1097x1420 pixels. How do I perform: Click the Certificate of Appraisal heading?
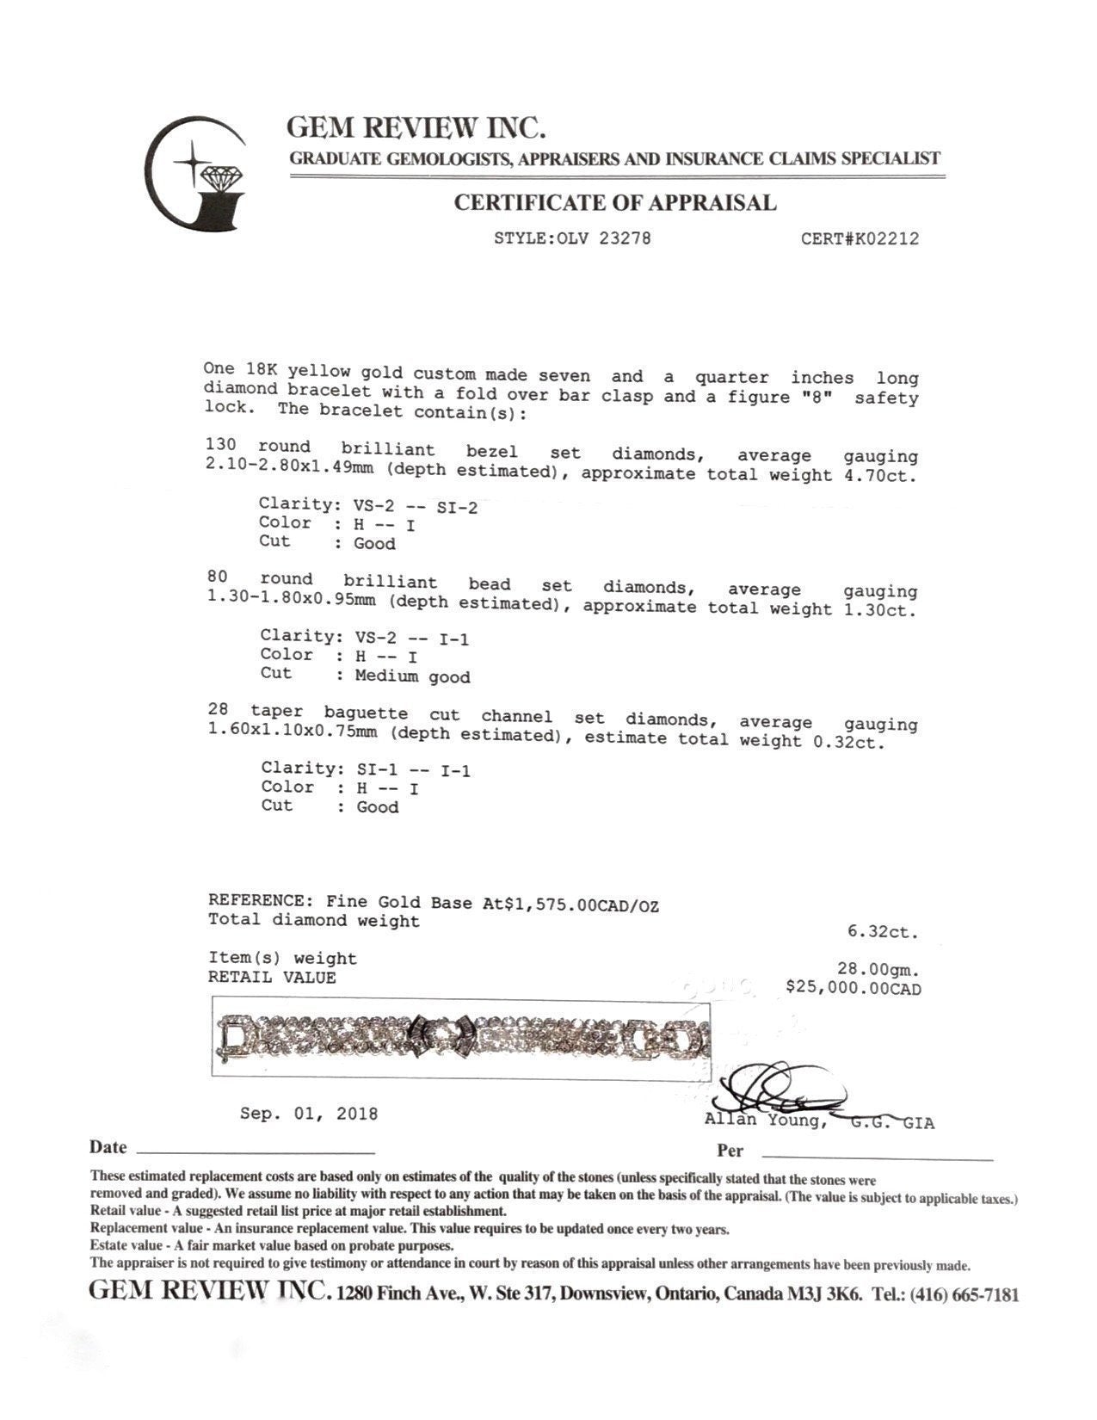coord(614,203)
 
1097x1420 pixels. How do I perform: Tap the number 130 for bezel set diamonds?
coord(221,446)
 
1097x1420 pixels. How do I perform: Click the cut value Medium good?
coord(413,676)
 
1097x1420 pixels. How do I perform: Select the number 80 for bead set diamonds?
coord(217,578)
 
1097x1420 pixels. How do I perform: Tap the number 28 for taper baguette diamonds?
coord(219,710)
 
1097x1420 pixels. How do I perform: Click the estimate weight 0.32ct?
coord(848,740)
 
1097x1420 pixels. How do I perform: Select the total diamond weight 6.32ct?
coord(883,932)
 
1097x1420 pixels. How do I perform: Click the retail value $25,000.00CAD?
coord(853,988)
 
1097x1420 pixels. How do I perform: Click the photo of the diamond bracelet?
coord(462,1037)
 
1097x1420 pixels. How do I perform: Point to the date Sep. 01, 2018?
coord(309,1114)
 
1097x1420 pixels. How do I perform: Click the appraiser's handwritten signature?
coord(779,1089)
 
